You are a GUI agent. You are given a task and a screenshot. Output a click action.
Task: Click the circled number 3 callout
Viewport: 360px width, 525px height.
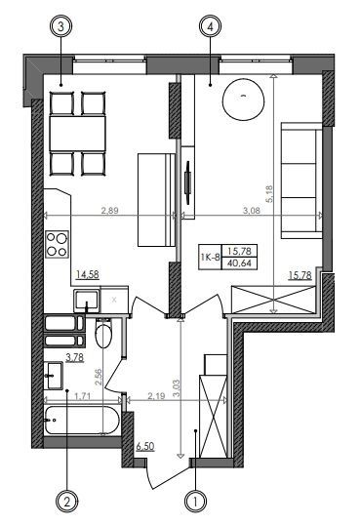(x=60, y=26)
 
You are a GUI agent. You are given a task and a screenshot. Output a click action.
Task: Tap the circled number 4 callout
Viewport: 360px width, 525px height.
(x=211, y=26)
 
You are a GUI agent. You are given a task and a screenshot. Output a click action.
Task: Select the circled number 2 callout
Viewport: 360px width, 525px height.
(x=67, y=502)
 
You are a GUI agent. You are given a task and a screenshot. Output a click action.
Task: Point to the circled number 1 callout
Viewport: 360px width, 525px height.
(x=195, y=502)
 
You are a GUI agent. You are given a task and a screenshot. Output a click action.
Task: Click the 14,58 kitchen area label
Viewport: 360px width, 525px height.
(x=88, y=275)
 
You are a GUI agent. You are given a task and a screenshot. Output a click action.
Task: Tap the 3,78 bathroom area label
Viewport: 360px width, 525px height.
(x=75, y=358)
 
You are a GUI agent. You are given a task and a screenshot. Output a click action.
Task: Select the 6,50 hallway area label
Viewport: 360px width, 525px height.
(x=145, y=446)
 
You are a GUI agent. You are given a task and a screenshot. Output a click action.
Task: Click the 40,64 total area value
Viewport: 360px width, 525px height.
(x=239, y=263)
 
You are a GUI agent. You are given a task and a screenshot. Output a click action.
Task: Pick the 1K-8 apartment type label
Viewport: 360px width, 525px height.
(x=210, y=258)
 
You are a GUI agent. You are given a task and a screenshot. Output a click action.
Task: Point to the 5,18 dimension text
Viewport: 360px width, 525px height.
(x=269, y=194)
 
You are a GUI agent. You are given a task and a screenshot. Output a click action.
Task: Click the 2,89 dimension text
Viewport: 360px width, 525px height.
(x=110, y=210)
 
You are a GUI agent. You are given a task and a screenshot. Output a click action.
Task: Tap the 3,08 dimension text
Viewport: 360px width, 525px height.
(x=251, y=210)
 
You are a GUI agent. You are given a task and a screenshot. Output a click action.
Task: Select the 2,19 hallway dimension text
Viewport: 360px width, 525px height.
(x=156, y=396)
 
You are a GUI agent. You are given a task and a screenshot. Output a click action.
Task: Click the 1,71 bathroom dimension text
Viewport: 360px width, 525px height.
(x=82, y=396)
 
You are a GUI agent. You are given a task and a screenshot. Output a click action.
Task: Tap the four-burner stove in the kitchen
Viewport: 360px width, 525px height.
(x=58, y=244)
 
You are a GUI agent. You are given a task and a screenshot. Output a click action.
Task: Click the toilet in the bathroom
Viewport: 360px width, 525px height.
(x=103, y=333)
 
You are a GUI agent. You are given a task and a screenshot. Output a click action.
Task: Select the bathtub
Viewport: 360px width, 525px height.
(x=82, y=421)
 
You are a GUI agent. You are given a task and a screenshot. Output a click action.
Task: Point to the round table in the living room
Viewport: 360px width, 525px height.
(x=244, y=100)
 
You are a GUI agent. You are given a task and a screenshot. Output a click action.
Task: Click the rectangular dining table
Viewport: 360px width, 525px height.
(x=78, y=133)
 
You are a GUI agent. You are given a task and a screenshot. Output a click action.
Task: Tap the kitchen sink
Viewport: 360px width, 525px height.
(x=87, y=300)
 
